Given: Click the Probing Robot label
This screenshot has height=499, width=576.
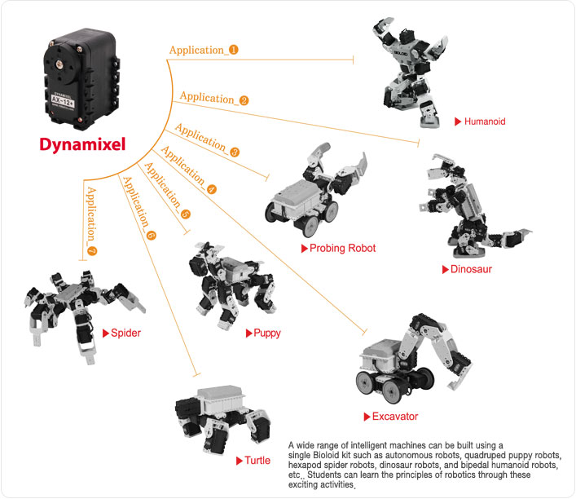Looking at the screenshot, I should coord(343,248).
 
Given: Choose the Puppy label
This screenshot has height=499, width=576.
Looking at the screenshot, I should coord(267,333).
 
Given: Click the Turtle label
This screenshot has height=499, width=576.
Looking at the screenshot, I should coord(257,461).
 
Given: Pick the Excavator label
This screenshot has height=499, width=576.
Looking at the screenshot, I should coord(394,417).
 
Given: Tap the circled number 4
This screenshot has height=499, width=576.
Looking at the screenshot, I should coord(212,188).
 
